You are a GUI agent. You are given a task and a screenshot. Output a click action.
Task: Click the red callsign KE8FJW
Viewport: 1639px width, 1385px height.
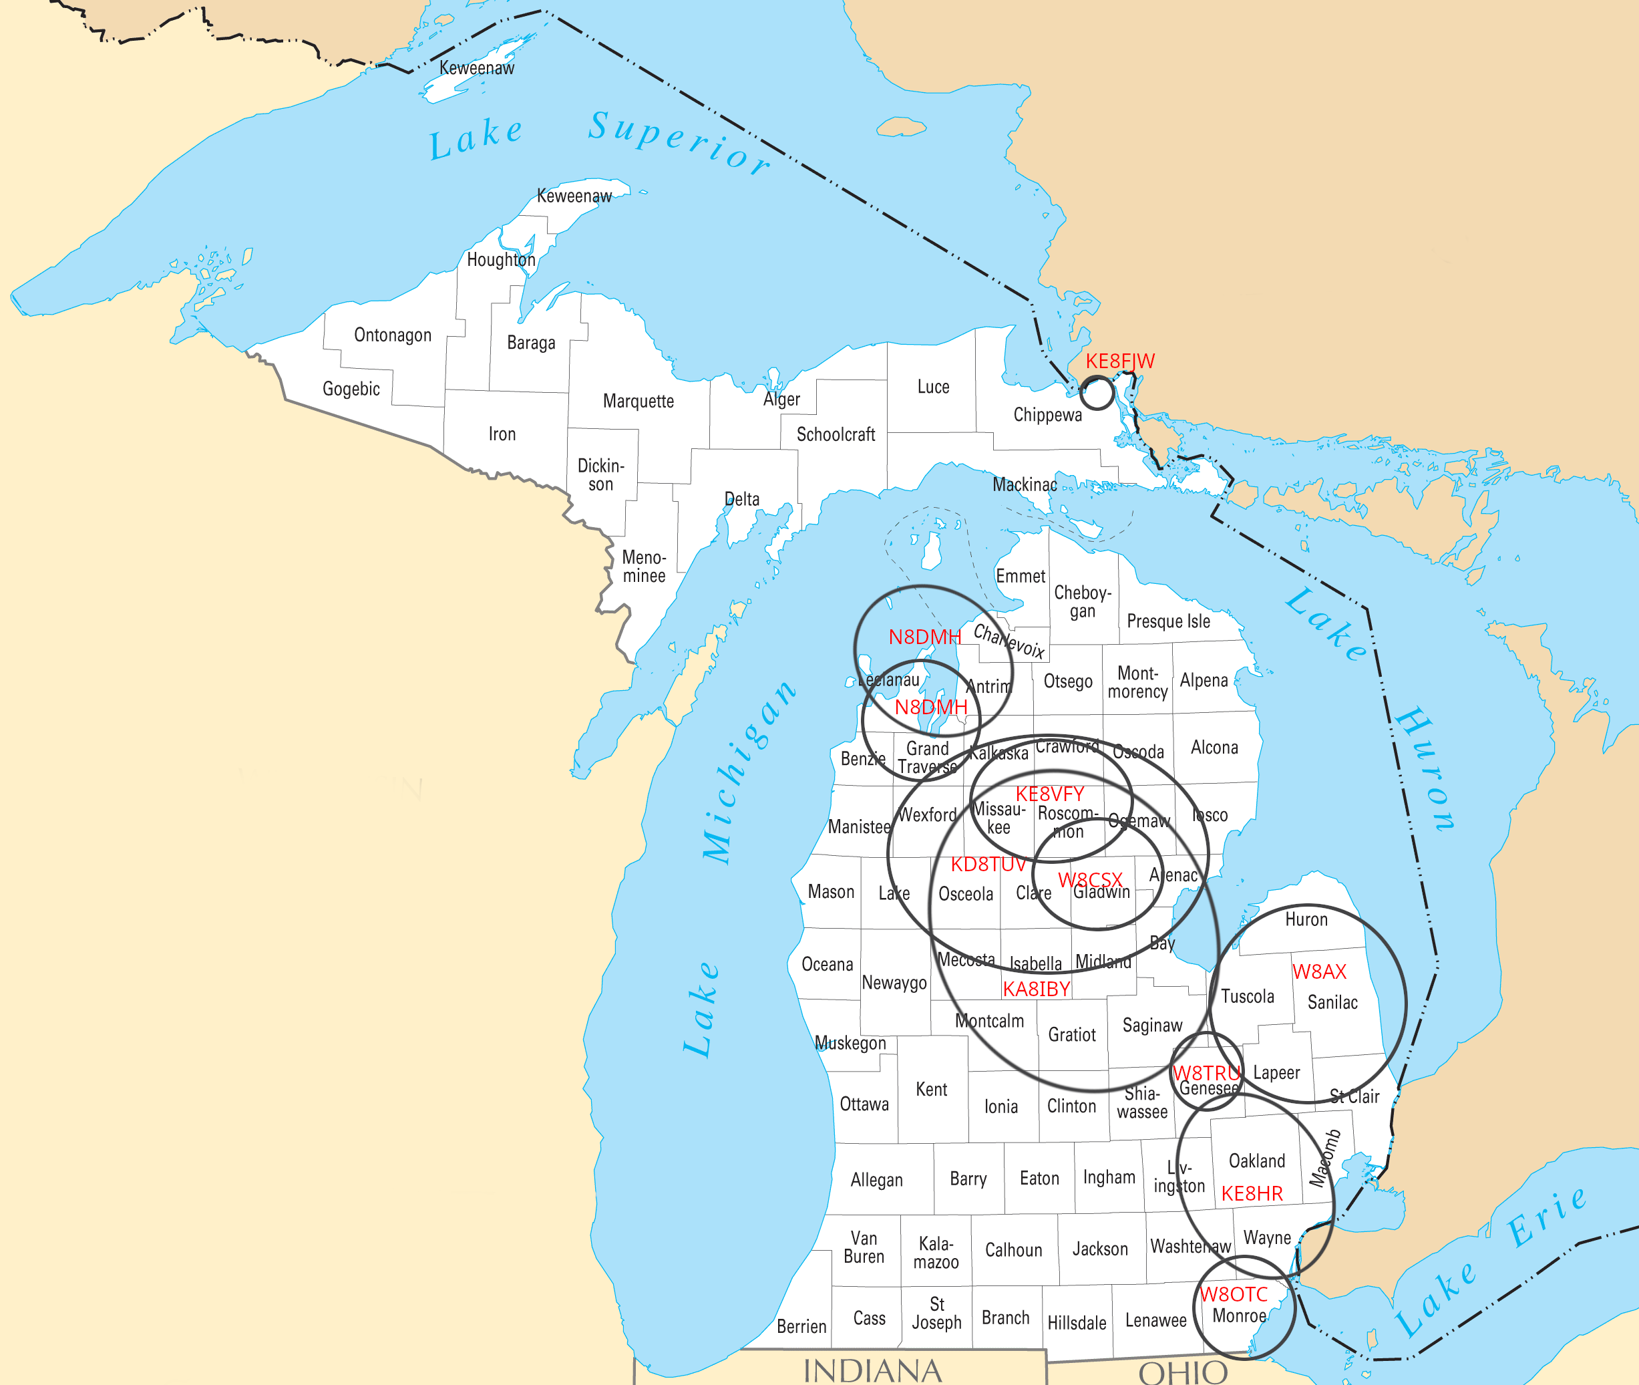pyautogui.click(x=1119, y=361)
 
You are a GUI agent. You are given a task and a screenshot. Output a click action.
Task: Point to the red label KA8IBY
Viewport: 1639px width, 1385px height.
pyautogui.click(x=1036, y=989)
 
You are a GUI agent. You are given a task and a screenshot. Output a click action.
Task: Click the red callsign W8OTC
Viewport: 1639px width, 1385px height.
pyautogui.click(x=1234, y=1295)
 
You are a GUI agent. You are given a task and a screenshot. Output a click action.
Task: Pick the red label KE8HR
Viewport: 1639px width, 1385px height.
pyautogui.click(x=1252, y=1194)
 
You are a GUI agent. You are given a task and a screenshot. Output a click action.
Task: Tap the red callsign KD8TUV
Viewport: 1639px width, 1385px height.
pyautogui.click(x=988, y=865)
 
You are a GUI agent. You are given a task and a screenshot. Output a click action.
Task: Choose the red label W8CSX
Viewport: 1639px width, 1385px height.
pyautogui.click(x=1090, y=880)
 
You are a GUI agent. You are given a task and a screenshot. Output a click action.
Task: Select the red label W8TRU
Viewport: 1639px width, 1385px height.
pyautogui.click(x=1206, y=1073)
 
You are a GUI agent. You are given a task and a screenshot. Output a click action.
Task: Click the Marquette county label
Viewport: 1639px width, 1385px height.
pyautogui.click(x=639, y=402)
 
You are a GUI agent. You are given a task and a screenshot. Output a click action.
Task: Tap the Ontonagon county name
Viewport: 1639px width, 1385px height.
pyautogui.click(x=393, y=335)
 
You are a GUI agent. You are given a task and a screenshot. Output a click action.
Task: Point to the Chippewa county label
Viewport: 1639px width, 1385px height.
pyautogui.click(x=1047, y=414)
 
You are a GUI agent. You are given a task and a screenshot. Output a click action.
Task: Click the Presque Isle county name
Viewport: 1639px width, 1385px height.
pyautogui.click(x=1168, y=621)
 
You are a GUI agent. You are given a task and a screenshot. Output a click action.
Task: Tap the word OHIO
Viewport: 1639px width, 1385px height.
pyautogui.click(x=1183, y=1372)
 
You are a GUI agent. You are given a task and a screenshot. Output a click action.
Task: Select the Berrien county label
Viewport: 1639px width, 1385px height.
pyautogui.click(x=801, y=1326)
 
